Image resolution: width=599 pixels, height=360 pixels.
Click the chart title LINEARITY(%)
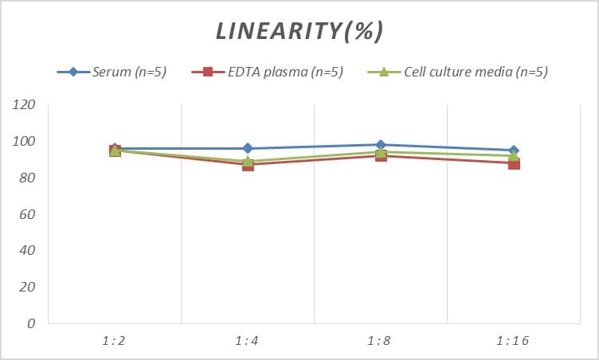tap(299, 31)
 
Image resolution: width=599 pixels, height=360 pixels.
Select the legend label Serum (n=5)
tap(128, 72)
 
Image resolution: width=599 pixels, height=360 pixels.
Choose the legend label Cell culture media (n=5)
tap(476, 72)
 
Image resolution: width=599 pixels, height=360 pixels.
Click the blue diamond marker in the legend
tap(73, 72)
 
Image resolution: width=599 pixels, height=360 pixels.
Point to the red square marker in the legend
tap(208, 72)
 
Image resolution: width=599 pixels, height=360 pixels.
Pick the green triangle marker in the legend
tap(383, 72)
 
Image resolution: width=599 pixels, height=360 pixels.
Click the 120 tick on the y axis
tap(25, 105)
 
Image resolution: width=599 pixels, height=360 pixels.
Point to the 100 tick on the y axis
tap(25, 142)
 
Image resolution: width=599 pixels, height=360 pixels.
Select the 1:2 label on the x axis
tap(115, 341)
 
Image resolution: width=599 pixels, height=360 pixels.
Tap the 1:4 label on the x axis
tap(248, 341)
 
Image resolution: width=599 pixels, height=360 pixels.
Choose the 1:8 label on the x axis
tap(381, 341)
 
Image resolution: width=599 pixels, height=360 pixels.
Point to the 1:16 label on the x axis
tap(513, 341)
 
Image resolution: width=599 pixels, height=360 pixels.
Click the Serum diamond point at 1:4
tap(248, 148)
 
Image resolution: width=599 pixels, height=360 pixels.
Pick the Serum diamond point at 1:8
tap(381, 145)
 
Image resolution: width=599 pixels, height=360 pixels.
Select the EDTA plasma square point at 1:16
tap(514, 163)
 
